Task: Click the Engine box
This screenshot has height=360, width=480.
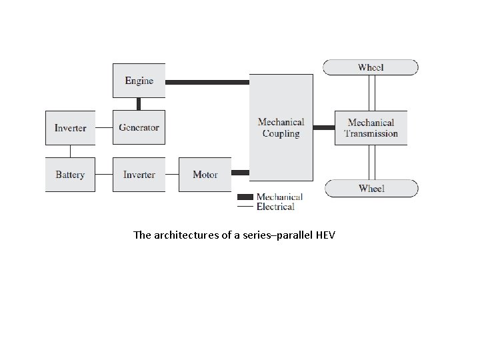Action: (x=139, y=81)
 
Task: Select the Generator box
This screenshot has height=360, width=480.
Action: (x=139, y=127)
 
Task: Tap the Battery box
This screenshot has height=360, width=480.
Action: (x=70, y=175)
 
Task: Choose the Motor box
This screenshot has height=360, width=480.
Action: (x=205, y=175)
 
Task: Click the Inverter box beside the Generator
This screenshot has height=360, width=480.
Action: (x=70, y=127)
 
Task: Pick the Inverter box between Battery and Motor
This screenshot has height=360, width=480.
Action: (x=139, y=175)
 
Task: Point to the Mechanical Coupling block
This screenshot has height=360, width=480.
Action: (x=281, y=127)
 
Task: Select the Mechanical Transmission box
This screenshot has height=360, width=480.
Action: (x=371, y=127)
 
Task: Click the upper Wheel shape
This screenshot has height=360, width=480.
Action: (x=371, y=67)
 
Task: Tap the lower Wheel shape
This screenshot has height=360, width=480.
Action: (x=371, y=188)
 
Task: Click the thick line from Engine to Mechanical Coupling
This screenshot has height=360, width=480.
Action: (x=207, y=82)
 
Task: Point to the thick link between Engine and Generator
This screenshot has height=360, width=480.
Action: (x=139, y=103)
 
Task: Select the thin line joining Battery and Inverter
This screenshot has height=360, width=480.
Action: (x=104, y=175)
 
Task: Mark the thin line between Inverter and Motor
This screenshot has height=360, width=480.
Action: (x=171, y=175)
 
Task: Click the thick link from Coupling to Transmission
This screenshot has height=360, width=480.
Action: (x=324, y=127)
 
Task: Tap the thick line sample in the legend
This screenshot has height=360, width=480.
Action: (x=245, y=197)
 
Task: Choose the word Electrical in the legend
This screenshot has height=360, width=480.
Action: (x=275, y=207)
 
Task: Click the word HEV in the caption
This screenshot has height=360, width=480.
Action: (x=327, y=235)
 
